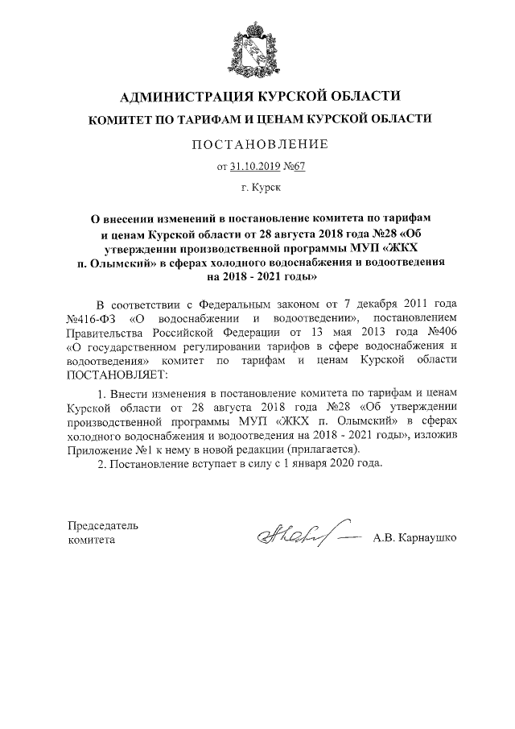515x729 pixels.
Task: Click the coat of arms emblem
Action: [257, 45]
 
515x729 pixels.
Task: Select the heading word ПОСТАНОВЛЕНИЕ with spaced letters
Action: [257, 145]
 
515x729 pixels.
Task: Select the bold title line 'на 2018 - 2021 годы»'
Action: [257, 275]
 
